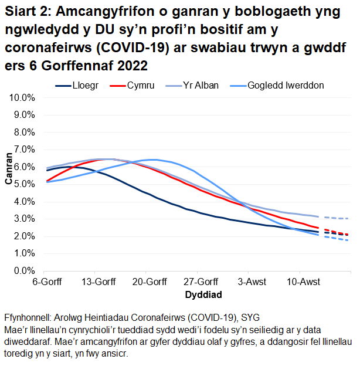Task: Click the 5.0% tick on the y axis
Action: pos(24,184)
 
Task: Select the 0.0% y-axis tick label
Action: pos(24,271)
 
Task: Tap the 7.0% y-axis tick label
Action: pos(24,150)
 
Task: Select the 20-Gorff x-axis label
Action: pos(147,282)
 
